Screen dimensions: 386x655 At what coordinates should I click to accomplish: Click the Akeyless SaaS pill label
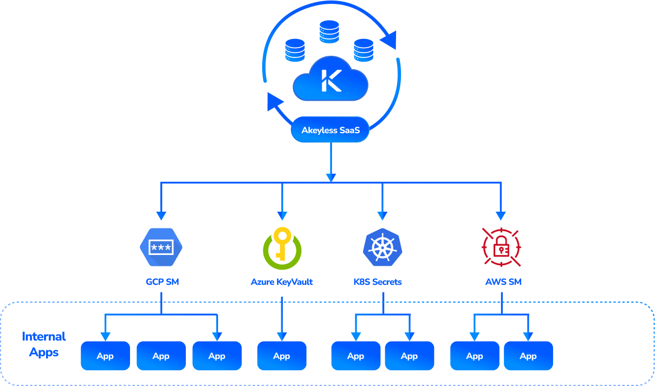[330, 130]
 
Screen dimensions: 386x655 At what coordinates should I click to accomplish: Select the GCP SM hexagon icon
[161, 248]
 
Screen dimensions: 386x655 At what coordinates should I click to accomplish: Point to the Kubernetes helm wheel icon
[382, 248]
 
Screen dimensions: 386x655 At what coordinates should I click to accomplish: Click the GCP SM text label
[162, 282]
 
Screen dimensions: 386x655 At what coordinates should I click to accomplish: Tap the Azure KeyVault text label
[282, 282]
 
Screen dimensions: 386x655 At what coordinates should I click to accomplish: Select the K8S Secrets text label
[377, 282]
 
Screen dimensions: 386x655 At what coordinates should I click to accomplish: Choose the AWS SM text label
[503, 282]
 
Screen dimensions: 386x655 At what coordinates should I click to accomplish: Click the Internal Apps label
[43, 344]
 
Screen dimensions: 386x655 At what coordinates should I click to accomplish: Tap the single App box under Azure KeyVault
[282, 356]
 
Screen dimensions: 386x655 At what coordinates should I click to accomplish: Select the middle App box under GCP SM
[161, 356]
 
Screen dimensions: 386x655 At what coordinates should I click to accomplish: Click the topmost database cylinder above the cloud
[329, 31]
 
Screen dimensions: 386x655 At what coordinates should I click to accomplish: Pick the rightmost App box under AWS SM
[528, 356]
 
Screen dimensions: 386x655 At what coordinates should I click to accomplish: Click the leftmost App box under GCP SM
[105, 356]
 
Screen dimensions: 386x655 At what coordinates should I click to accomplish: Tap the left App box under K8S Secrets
[355, 356]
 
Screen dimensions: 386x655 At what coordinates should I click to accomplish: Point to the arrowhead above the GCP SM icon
[161, 213]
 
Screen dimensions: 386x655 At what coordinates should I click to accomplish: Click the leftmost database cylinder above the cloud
[295, 49]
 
